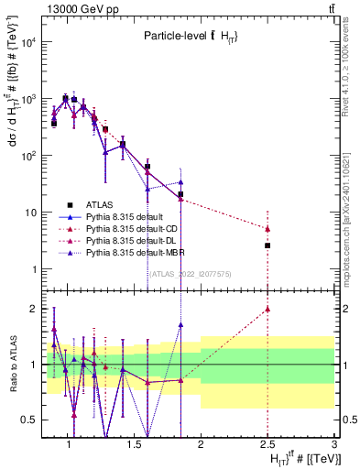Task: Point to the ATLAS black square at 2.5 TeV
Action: (x=267, y=245)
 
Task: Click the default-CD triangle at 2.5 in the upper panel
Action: (x=267, y=229)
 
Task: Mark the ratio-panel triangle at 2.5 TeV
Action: (x=267, y=309)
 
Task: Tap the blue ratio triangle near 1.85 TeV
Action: (x=181, y=324)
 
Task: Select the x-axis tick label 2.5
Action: (x=267, y=444)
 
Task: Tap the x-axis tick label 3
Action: (x=334, y=444)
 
